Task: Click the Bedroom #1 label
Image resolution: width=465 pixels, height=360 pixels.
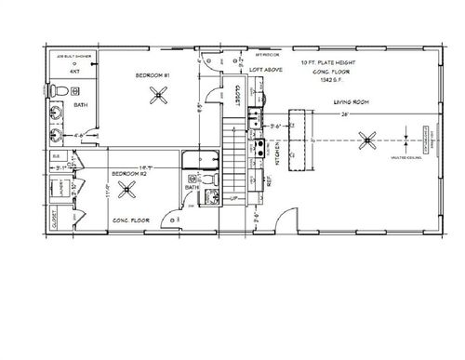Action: (x=153, y=74)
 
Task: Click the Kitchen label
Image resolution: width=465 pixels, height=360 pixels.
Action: (x=263, y=148)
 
